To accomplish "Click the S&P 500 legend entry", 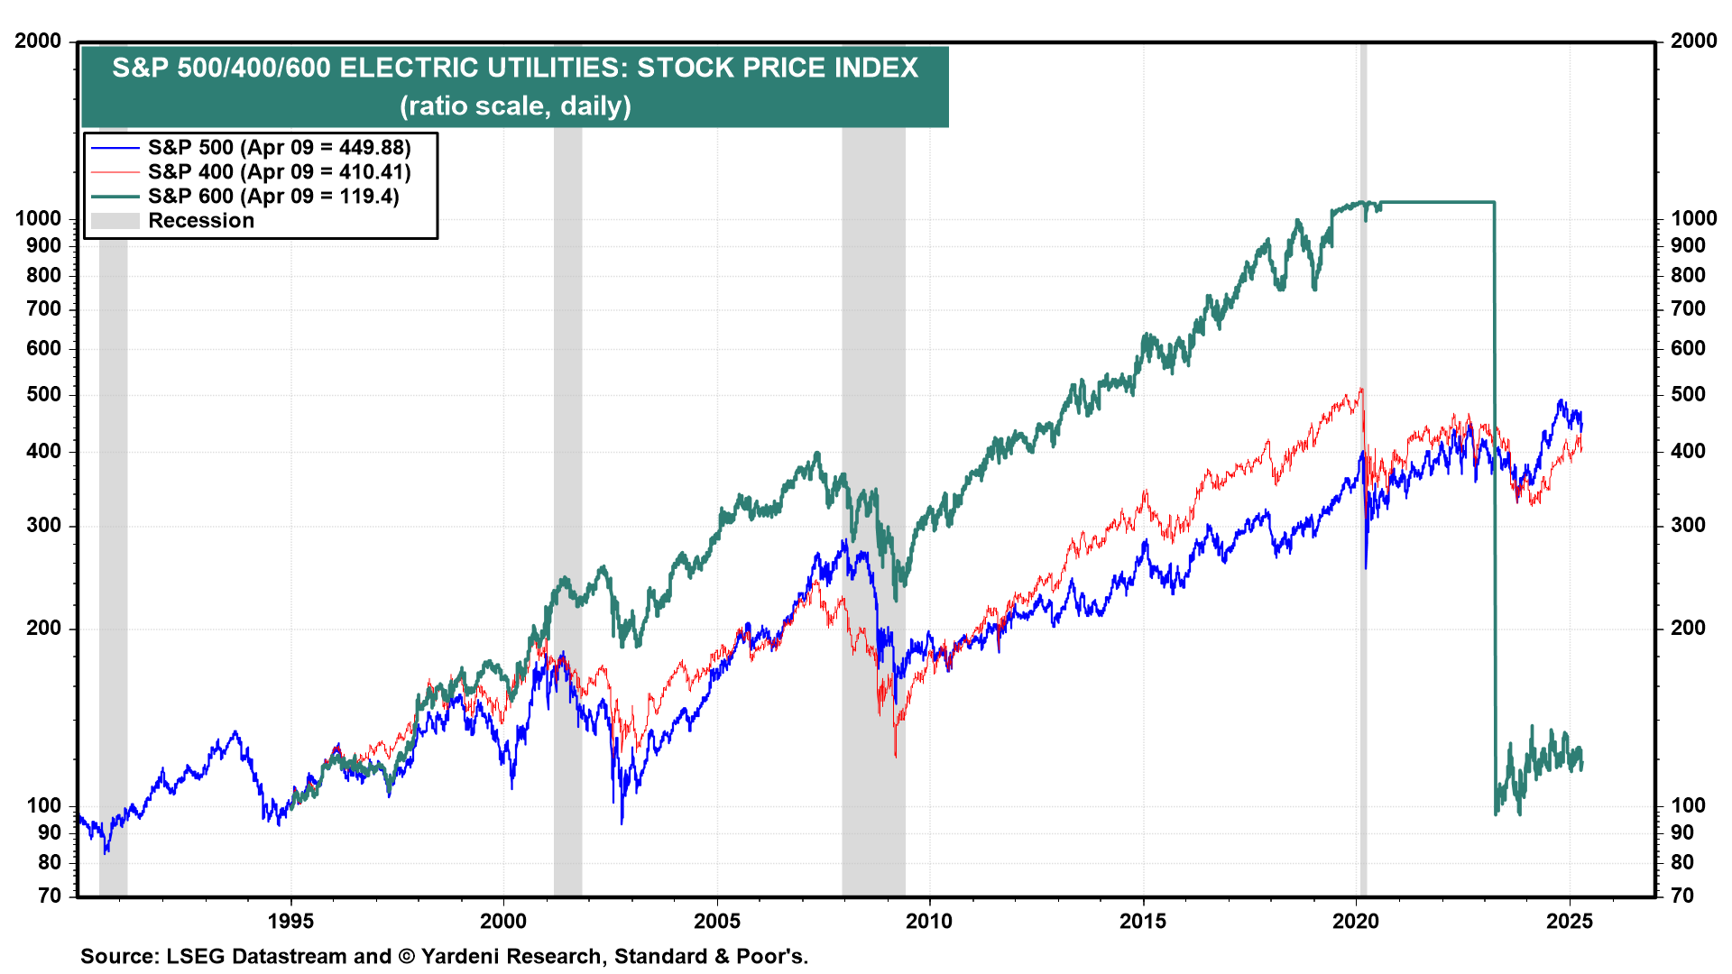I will click(x=279, y=147).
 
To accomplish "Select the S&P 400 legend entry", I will click(x=279, y=171).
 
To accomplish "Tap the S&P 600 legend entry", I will click(x=272, y=196).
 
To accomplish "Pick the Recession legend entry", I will click(x=200, y=221).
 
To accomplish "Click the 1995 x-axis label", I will click(x=290, y=921).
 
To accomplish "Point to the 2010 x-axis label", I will click(x=929, y=921).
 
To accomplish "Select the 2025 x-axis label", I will click(x=1570, y=921).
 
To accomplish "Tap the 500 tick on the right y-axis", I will click(x=1688, y=394).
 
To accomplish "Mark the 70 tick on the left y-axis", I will click(x=50, y=896).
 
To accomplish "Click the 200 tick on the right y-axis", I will click(x=1688, y=628).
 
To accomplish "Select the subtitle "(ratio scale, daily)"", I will click(x=515, y=106).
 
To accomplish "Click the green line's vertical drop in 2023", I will click(x=1495, y=505).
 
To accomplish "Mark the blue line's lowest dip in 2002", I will click(x=622, y=821).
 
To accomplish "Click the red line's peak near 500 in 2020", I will click(x=1360, y=390).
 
